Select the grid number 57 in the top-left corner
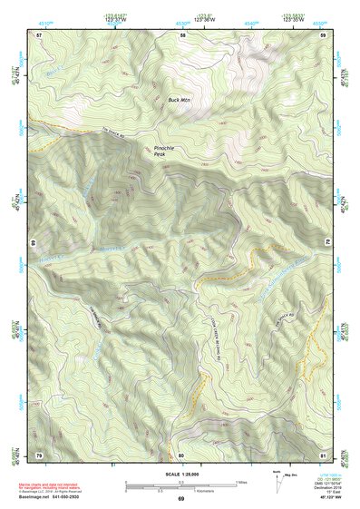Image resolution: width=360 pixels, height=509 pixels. tap(39, 34)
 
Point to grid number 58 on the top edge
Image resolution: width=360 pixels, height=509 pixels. tap(182, 34)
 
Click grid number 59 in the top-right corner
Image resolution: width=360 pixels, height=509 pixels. tap(325, 34)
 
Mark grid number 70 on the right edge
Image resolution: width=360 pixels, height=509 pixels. tap(326, 243)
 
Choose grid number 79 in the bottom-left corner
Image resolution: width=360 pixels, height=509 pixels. tap(39, 454)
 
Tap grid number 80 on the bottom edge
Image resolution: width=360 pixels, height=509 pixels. tap(181, 454)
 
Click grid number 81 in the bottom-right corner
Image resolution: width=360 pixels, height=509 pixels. tap(325, 454)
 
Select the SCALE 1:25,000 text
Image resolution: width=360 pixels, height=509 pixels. tap(181, 474)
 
